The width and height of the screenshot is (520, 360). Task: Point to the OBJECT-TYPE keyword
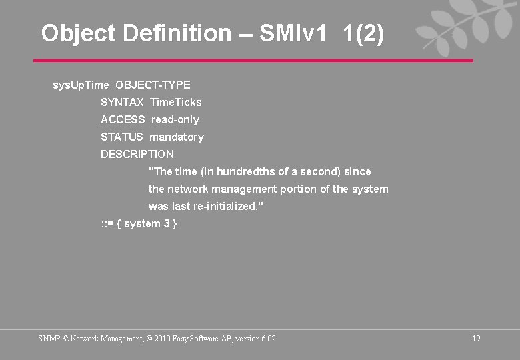tap(153, 85)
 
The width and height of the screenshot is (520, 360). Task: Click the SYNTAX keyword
tap(122, 102)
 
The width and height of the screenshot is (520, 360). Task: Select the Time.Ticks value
tap(175, 102)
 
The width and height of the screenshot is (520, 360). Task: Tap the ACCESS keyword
tap(123, 119)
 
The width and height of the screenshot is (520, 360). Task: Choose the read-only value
tap(175, 119)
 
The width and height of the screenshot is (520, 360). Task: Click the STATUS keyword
tap(121, 137)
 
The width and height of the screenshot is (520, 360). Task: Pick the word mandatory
tap(177, 137)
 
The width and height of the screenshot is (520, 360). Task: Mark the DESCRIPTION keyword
tap(137, 154)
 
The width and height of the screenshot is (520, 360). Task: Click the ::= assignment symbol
tap(107, 223)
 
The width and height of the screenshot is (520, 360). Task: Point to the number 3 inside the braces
tap(167, 223)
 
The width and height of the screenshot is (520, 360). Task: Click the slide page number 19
tap(476, 339)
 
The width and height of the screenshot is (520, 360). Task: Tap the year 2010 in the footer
tap(163, 339)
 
